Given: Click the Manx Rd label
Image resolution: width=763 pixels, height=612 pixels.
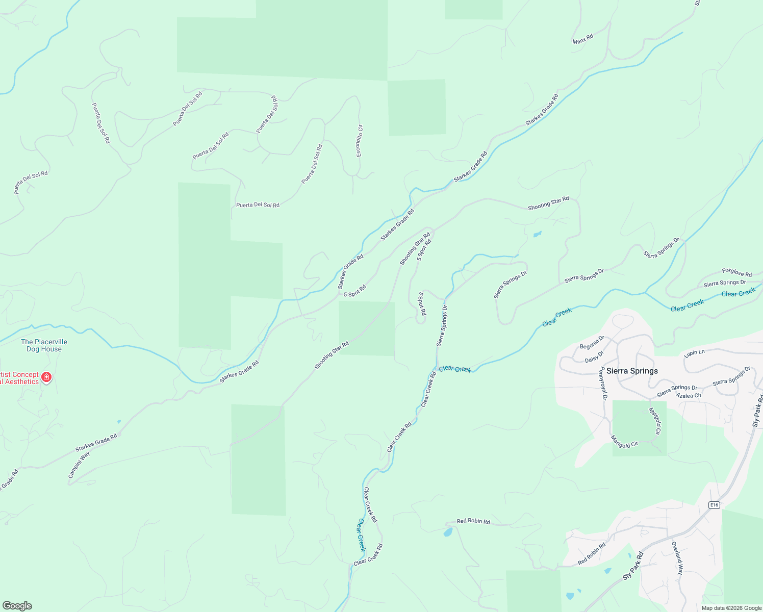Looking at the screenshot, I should point(583,39).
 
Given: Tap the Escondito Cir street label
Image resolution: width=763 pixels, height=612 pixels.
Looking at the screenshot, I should point(359,141).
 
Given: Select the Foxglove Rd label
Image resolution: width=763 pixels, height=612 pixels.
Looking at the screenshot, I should point(737,273).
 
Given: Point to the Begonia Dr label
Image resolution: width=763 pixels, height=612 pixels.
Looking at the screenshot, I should point(592,342).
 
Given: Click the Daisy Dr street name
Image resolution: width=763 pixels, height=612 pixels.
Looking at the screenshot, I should point(594,356).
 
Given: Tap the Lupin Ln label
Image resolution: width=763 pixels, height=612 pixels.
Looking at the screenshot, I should point(695,352).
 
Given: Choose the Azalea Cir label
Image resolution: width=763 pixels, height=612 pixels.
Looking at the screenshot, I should point(689,395).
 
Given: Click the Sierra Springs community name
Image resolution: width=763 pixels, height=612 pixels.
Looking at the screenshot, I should point(632,371).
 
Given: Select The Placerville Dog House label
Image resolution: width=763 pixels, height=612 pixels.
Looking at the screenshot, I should point(44,345).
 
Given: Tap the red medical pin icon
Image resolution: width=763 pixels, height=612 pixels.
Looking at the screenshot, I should point(46,377).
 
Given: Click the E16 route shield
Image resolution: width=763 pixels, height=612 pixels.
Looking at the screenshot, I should point(714,505).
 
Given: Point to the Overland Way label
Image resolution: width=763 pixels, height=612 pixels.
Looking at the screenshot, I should point(677,558).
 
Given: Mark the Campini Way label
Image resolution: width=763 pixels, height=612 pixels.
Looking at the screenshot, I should point(79,465).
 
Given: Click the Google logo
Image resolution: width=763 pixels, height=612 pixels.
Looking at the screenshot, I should point(17,606).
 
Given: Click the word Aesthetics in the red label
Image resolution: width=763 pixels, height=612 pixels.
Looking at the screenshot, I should point(20,382).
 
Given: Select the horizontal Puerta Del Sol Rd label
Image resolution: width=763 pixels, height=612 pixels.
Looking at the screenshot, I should point(258,205).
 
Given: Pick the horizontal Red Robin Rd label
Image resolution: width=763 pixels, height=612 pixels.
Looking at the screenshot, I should point(473,521).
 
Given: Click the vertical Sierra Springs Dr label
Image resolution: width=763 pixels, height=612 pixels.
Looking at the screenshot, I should point(442,326).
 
